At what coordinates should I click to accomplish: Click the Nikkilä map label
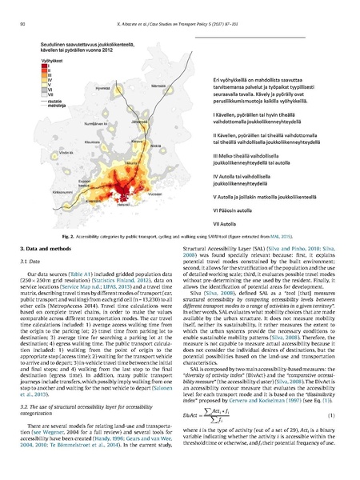point(159,158)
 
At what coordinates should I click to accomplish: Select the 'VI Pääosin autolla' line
point(218,210)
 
